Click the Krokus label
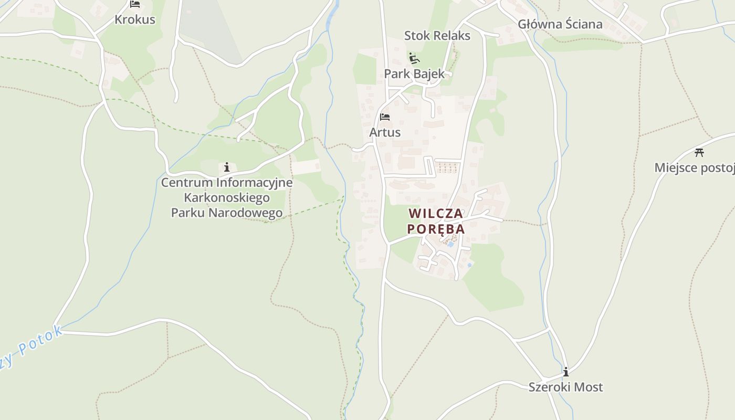135,19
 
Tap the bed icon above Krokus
135,5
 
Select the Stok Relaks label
437,36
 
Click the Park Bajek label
414,74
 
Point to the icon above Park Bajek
414,57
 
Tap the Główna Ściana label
560,24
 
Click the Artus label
385,132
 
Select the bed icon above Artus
385,117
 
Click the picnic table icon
699,153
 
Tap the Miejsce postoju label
694,168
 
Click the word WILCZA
436,214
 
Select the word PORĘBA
436,229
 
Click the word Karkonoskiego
227,198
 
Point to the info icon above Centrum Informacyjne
227,167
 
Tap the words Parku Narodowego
227,213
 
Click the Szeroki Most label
565,387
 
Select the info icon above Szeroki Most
565,372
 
